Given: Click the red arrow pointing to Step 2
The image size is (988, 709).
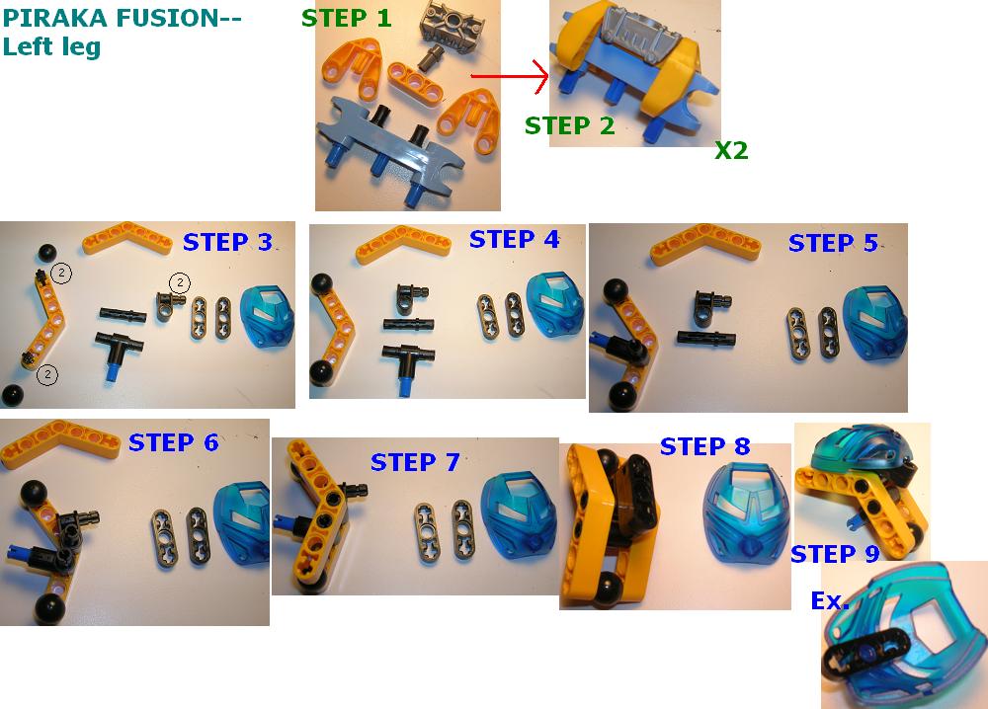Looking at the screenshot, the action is coord(510,77).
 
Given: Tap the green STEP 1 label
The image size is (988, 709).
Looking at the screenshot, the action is coord(347,18).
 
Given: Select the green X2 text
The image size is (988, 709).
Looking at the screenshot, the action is coord(731,150).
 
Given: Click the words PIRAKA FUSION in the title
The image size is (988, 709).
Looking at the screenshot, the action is coord(123,18).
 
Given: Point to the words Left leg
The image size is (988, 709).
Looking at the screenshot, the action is coord(51,47).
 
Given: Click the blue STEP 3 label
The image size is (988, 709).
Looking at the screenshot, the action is coord(227,242).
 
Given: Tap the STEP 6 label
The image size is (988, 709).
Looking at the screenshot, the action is coord(173,442).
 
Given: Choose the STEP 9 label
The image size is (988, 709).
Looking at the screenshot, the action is coord(835,554).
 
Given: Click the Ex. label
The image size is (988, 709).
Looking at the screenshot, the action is coord(830,600).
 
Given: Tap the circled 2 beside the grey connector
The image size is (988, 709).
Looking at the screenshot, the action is coord(180,283).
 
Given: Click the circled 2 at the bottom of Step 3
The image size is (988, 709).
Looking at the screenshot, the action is coord(47,375).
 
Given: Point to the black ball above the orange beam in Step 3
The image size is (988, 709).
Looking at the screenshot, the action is coord(47,253).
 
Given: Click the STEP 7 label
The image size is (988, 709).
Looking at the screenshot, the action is coord(415,462).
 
